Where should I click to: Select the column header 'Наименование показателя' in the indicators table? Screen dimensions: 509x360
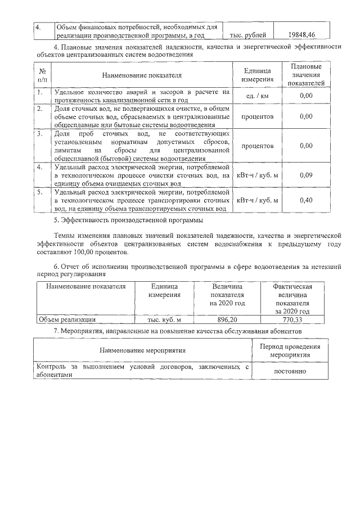(142, 75)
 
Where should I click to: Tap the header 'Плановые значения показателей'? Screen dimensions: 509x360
(305, 75)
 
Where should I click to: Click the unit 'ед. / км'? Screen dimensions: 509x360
(258, 96)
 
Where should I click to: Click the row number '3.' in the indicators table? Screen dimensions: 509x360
(40, 134)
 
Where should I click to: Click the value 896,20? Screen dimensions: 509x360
(227, 319)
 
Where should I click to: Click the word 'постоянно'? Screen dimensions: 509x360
(289, 372)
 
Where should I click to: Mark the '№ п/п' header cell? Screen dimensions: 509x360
(42, 75)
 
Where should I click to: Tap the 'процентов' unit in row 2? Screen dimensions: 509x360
(258, 116)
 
